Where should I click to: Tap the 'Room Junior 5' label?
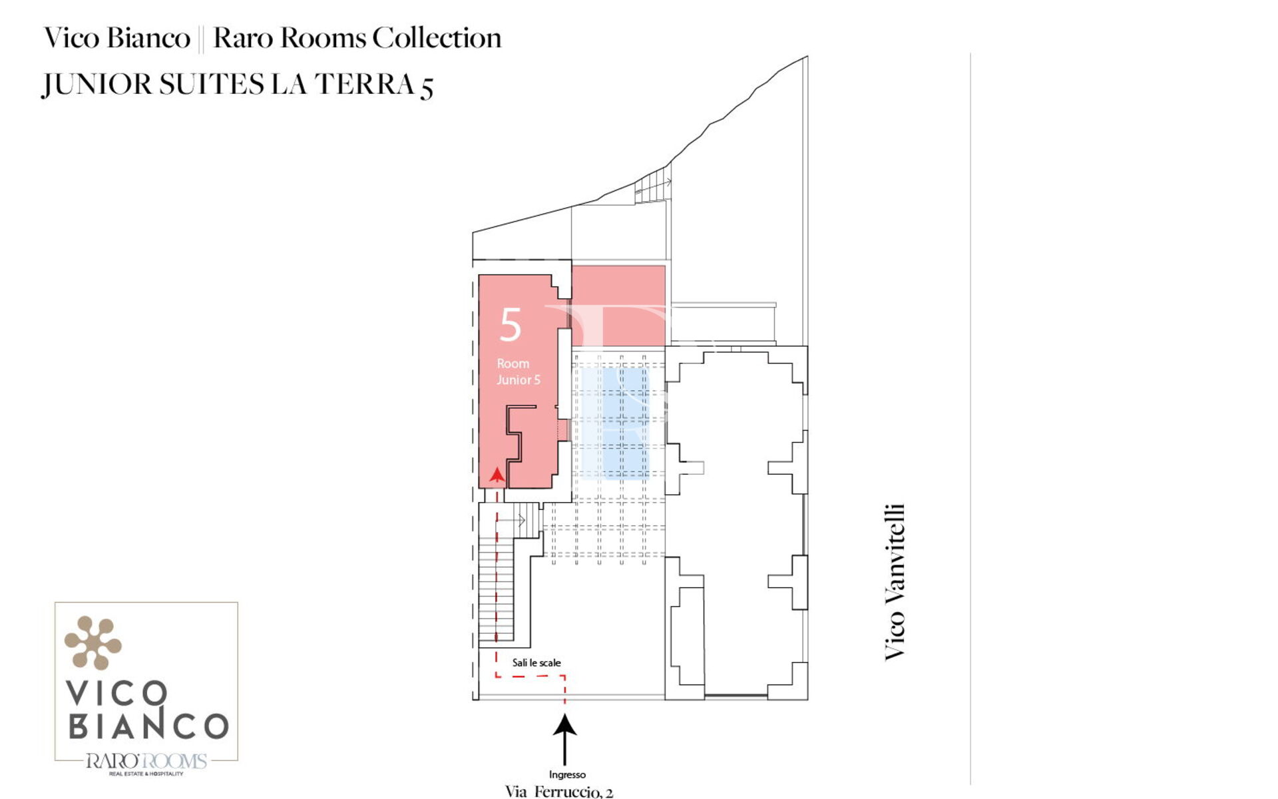point(519,372)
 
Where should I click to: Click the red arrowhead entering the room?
point(497,475)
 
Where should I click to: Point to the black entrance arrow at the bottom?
point(565,740)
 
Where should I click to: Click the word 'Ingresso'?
point(567,774)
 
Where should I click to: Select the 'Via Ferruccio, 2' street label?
point(559,792)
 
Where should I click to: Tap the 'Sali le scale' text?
point(536,663)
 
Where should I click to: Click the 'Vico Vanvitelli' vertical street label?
point(895,582)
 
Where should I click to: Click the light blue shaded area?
point(615,423)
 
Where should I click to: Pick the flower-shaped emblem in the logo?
point(93,643)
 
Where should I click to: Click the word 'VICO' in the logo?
point(117,693)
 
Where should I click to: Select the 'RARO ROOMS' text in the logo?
point(146,761)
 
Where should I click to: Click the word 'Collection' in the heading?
point(437,38)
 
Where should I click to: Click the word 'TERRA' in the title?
point(365,85)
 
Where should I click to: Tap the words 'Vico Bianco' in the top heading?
point(117,38)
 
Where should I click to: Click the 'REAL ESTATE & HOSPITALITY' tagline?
point(146,774)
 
